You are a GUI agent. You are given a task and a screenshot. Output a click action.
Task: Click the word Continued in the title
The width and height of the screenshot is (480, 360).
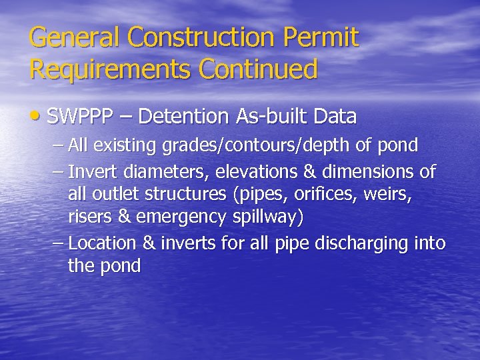pyautogui.click(x=265, y=69)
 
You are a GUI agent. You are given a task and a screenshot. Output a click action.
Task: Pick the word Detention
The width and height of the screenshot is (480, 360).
pyautogui.click(x=186, y=117)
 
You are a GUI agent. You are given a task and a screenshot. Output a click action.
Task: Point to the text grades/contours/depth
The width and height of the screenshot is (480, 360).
pyautogui.click(x=257, y=145)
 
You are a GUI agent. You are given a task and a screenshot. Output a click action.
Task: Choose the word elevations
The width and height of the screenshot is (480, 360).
pyautogui.click(x=260, y=172)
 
